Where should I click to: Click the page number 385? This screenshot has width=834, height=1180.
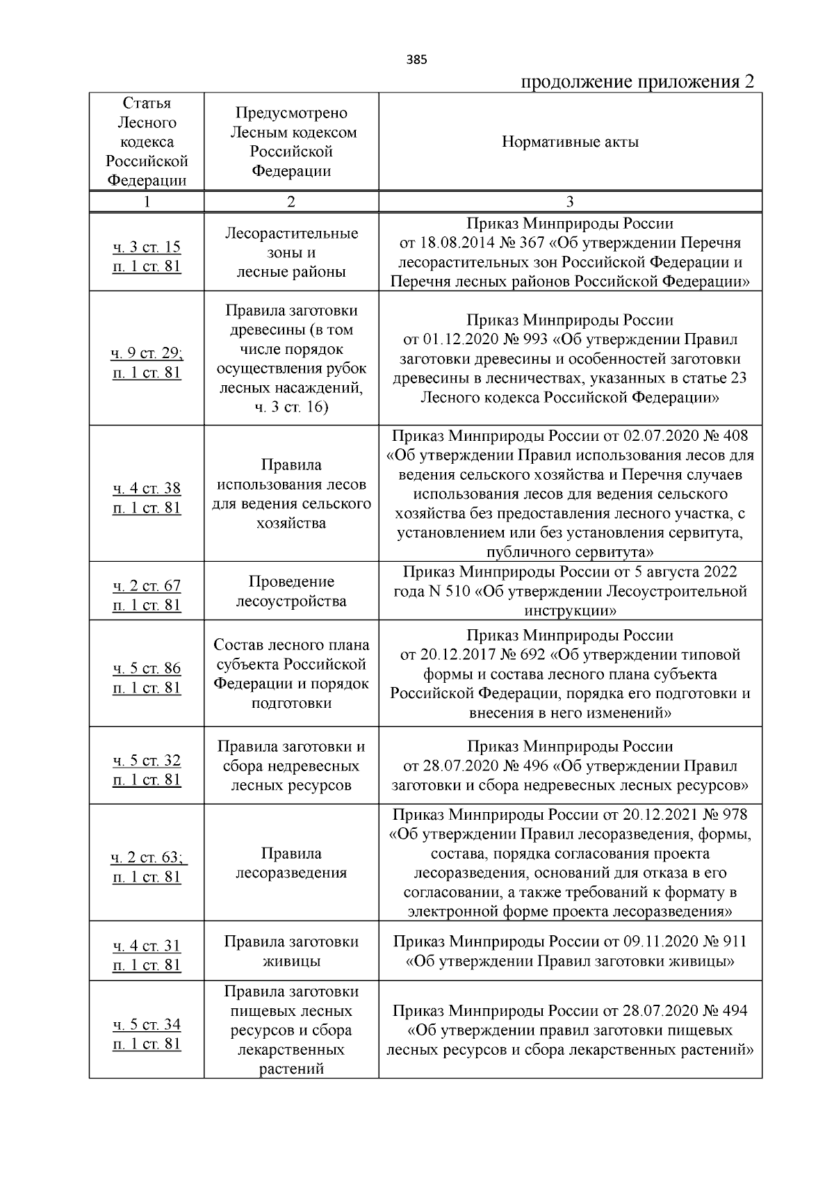(x=416, y=60)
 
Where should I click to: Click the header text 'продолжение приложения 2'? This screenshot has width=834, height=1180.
(x=637, y=82)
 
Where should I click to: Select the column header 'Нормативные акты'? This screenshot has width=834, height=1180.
(x=570, y=143)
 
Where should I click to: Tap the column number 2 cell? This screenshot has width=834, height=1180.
(x=291, y=202)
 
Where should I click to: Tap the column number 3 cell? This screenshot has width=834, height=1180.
(x=570, y=202)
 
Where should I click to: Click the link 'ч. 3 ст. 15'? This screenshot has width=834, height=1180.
(x=147, y=247)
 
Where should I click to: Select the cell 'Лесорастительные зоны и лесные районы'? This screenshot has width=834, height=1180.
(x=291, y=252)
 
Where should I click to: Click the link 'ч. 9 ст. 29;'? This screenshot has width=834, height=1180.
(x=147, y=353)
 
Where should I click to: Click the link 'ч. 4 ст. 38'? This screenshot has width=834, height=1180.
(x=147, y=489)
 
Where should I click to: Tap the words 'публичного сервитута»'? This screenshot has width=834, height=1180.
(x=570, y=553)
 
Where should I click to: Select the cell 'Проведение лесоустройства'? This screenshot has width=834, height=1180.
(x=291, y=591)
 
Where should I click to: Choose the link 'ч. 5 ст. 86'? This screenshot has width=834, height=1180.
(x=147, y=668)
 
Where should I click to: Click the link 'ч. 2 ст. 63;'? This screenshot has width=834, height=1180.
(x=148, y=857)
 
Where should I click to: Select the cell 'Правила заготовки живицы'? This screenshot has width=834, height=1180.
(x=291, y=952)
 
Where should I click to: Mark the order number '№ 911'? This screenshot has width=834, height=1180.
(x=723, y=942)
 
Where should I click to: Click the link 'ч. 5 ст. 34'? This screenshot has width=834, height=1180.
(x=147, y=1024)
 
